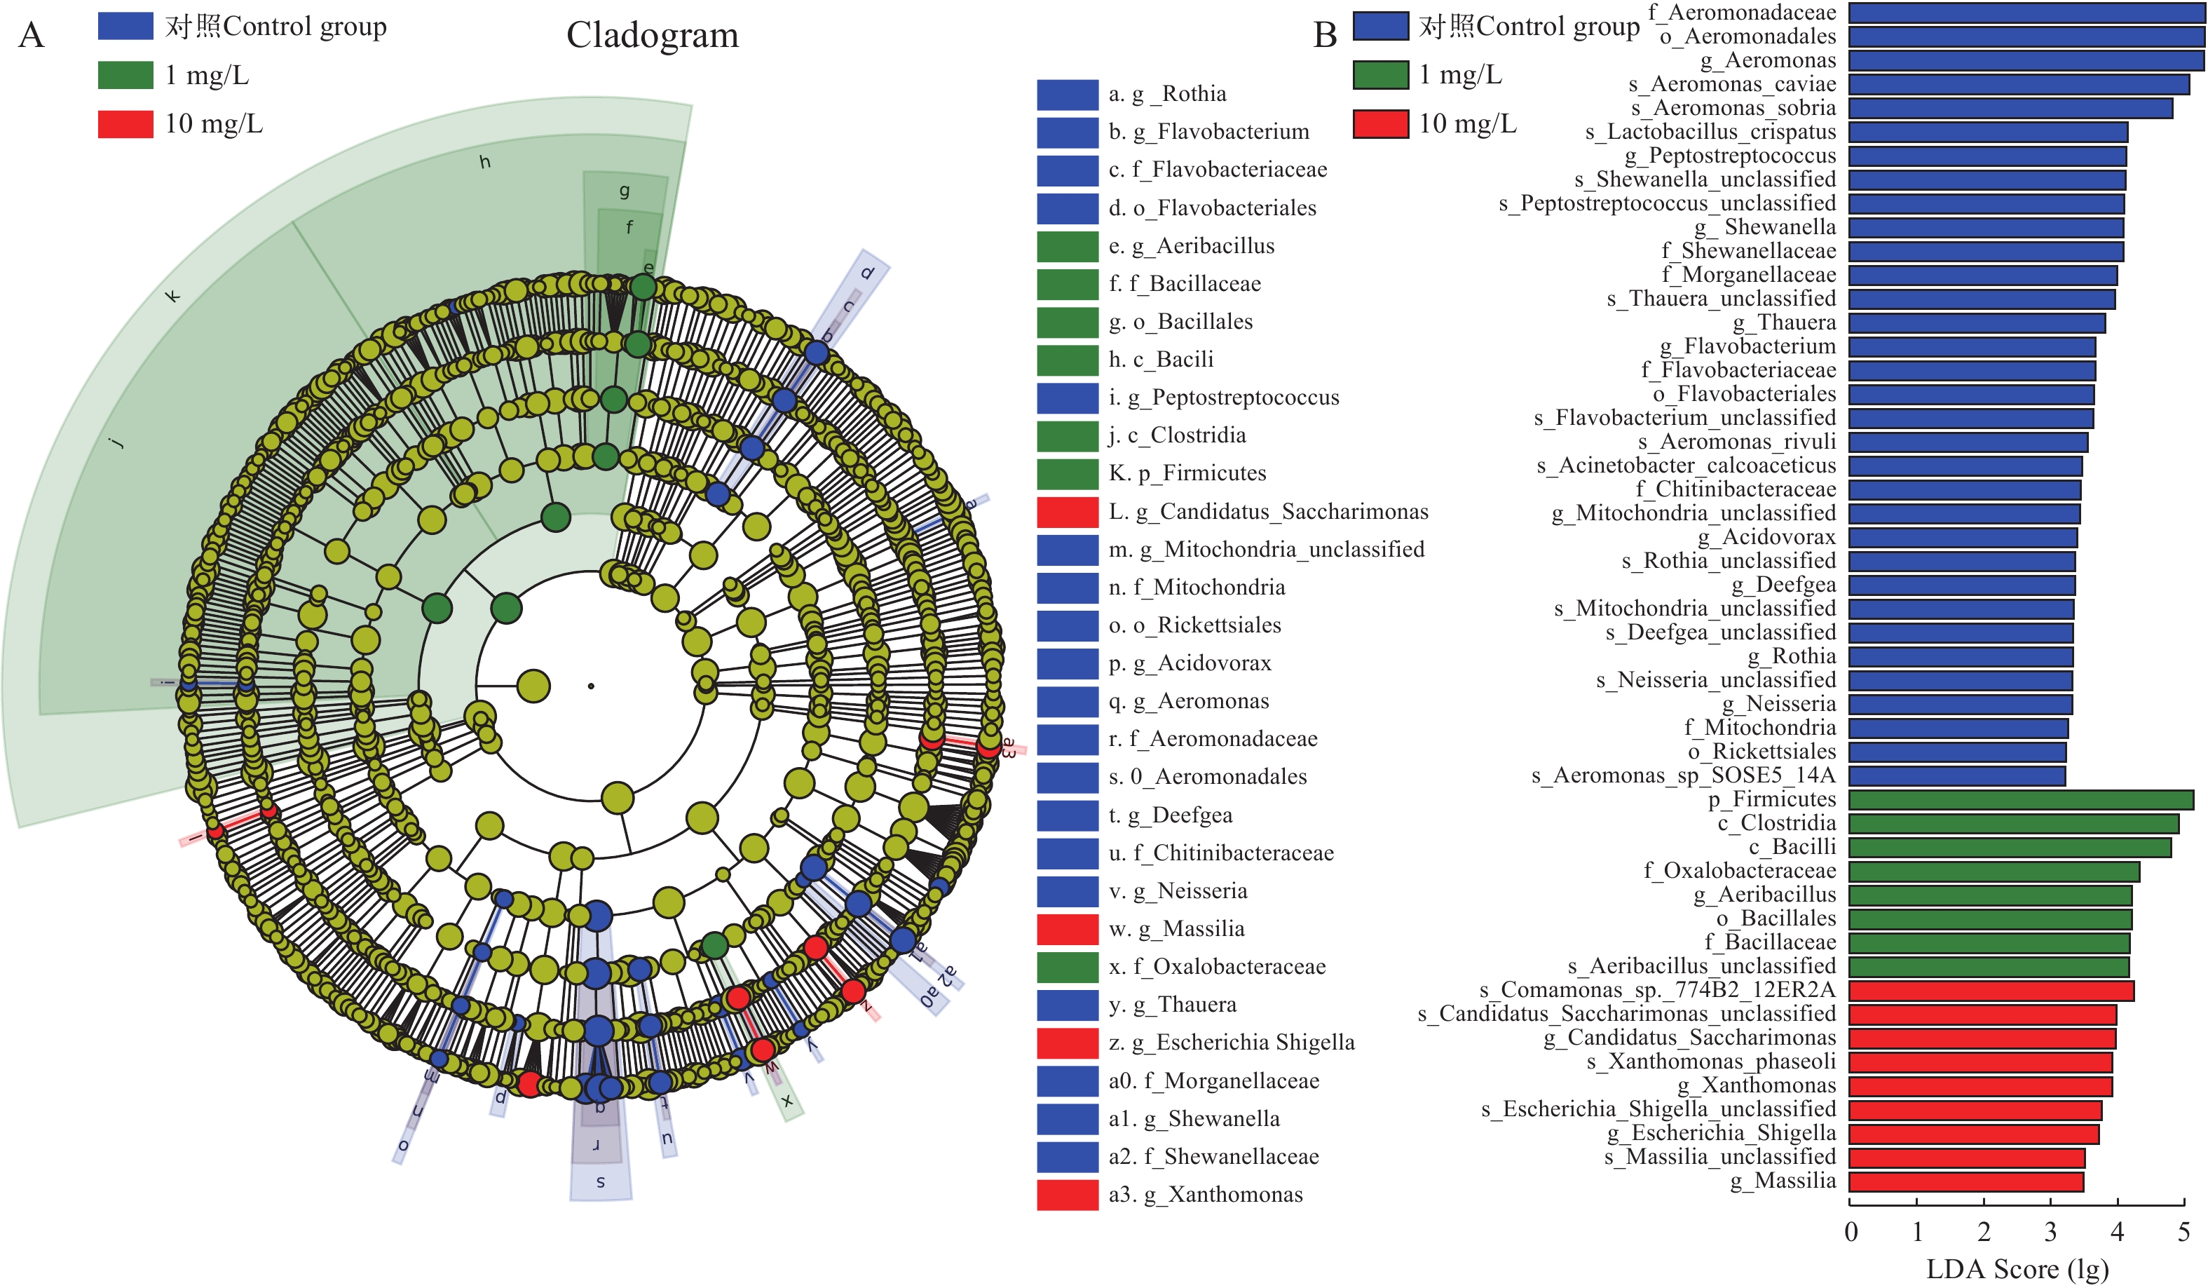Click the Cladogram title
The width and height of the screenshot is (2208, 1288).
tap(652, 35)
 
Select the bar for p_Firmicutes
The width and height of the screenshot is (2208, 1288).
tap(2019, 800)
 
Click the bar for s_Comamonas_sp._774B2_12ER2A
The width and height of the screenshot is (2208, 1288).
tap(1991, 991)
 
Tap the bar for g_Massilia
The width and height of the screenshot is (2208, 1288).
tap(1965, 1181)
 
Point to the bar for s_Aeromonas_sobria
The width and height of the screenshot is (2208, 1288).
tap(2010, 109)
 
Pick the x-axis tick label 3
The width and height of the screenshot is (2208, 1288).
tap(2050, 1232)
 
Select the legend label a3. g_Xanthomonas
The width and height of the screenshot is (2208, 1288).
tap(1205, 1194)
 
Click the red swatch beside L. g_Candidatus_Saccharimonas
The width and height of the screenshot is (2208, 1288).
tap(1066, 512)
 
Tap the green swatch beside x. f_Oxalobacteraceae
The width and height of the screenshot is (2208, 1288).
tap(1066, 966)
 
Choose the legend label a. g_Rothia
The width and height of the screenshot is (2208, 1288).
tap(1166, 94)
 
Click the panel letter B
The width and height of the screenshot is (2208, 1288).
tap(1324, 35)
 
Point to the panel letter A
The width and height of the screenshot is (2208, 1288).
tap(31, 35)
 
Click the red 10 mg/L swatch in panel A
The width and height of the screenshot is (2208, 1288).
tap(125, 123)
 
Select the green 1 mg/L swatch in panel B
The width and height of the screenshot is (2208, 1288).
tap(1380, 75)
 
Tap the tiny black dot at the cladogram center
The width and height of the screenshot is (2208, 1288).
tap(590, 686)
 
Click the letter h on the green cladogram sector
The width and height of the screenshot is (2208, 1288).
tap(484, 162)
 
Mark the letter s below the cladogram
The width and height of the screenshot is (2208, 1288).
tap(600, 1182)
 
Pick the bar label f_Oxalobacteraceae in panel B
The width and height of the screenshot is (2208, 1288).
tap(1739, 871)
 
